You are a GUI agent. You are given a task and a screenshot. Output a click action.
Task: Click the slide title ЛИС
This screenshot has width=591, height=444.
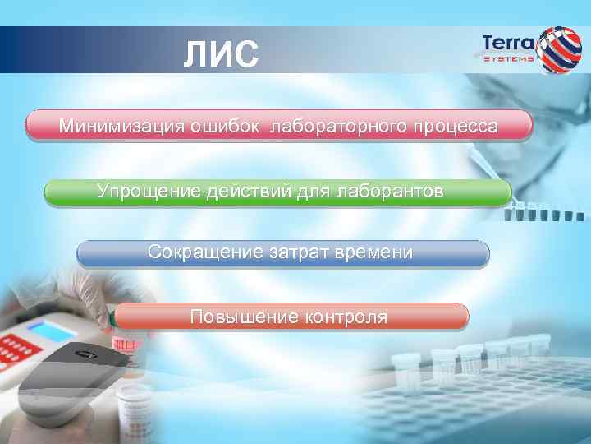[220, 55]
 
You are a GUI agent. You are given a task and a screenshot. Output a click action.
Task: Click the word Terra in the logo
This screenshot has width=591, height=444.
[506, 44]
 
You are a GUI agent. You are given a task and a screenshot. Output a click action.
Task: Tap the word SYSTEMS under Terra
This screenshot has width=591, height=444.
[508, 59]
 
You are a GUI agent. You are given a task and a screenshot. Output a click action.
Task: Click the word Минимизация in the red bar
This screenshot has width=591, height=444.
[121, 127]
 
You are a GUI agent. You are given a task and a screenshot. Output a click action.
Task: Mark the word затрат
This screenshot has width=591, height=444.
[300, 252]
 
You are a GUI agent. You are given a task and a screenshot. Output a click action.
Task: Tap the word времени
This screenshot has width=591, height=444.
[374, 252]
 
